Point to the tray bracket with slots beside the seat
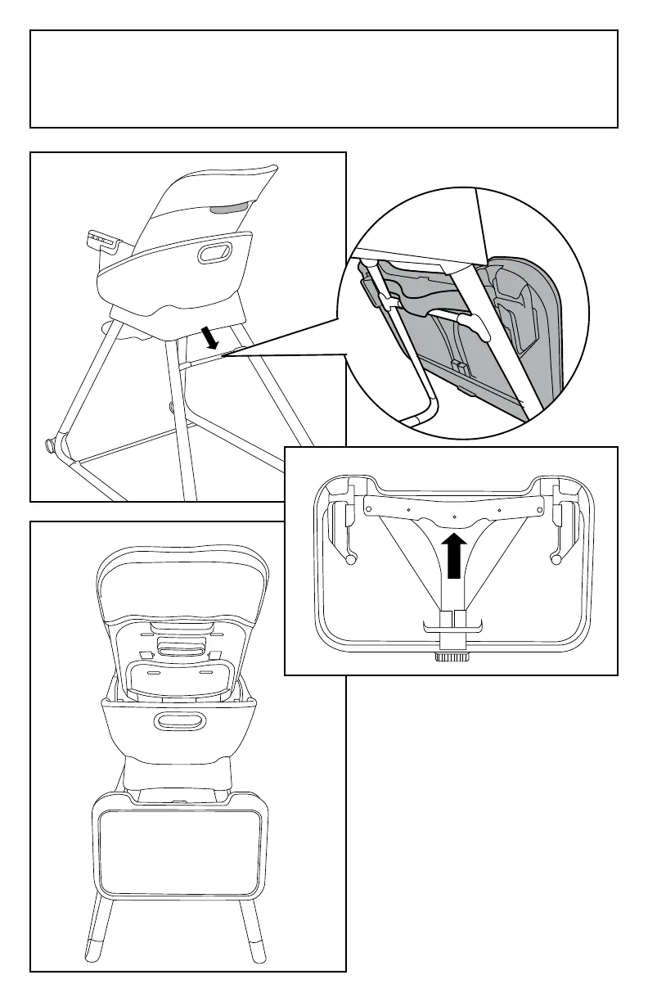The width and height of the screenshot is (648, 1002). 103,241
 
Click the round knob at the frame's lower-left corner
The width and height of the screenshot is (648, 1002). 49,448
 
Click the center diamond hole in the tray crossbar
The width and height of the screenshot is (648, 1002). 452,517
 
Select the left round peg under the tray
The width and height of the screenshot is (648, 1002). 351,560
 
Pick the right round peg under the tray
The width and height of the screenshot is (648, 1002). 556,560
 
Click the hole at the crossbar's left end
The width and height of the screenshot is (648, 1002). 368,508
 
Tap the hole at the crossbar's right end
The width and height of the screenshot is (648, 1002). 538,508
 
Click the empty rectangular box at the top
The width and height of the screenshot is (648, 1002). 323,79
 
